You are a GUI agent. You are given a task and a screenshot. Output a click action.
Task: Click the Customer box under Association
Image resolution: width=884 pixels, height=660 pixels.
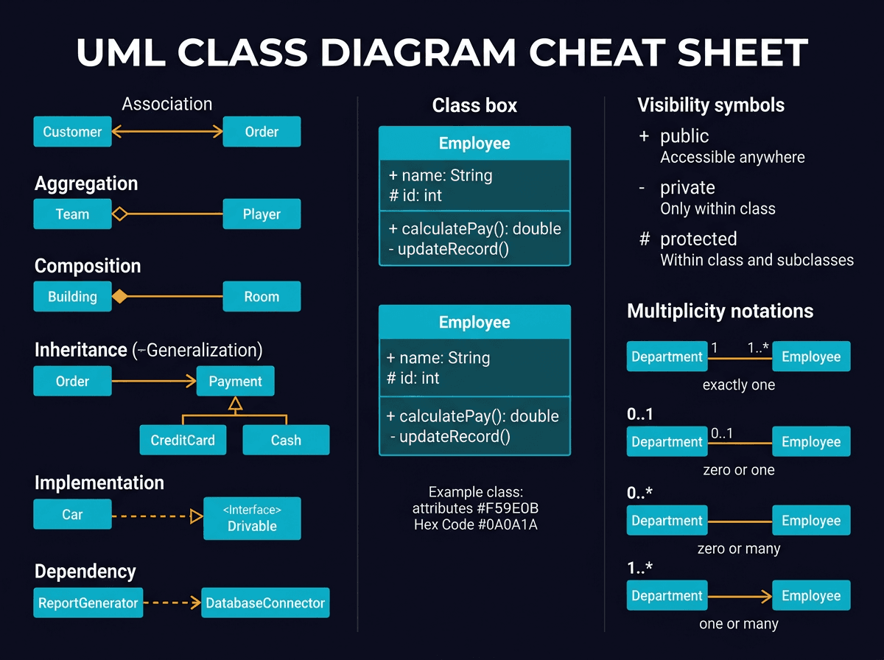click(72, 132)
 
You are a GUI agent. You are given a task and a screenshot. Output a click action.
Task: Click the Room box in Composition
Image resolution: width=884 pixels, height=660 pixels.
click(262, 297)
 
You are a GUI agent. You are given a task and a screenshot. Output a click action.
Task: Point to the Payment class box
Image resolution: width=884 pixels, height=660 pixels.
click(235, 382)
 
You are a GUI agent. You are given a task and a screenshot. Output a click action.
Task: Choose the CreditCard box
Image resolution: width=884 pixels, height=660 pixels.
click(183, 440)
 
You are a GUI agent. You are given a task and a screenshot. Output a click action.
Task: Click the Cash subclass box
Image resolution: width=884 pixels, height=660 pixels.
click(285, 440)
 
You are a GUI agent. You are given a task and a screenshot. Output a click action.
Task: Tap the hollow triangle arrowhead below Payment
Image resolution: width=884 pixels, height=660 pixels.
click(235, 404)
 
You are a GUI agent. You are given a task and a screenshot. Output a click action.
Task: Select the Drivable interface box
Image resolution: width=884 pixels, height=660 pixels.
click(252, 519)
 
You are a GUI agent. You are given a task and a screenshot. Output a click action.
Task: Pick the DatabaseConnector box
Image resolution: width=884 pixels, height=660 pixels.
click(265, 603)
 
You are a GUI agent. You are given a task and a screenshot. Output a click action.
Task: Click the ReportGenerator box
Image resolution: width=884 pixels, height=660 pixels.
click(88, 603)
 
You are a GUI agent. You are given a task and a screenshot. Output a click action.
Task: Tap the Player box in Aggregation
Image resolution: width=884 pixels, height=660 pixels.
click(262, 214)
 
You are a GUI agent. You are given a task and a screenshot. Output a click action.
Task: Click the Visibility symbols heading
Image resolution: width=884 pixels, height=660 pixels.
click(710, 105)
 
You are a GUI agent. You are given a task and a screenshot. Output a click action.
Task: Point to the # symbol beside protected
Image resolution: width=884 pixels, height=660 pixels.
click(644, 239)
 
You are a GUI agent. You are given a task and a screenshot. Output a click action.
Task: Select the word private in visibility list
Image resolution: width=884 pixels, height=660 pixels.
click(687, 188)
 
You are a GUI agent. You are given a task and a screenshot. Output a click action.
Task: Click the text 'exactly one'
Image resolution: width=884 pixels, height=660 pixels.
click(738, 385)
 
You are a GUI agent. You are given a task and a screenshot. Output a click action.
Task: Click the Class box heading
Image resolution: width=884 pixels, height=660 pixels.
click(474, 106)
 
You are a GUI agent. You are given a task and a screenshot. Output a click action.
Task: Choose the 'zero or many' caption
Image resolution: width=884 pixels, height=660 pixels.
click(738, 549)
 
